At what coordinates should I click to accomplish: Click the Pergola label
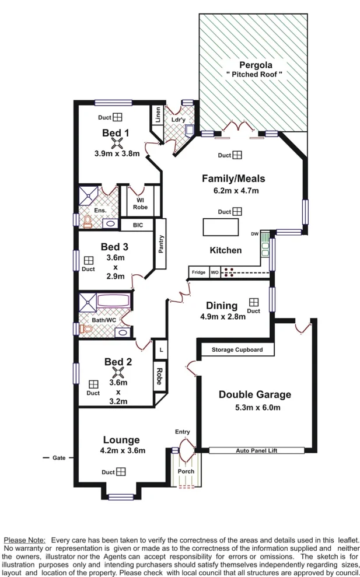tap(255, 65)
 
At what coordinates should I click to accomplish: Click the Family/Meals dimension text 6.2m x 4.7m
tap(233, 190)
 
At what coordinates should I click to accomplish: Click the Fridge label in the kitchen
tap(199, 272)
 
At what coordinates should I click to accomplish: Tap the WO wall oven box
tap(215, 272)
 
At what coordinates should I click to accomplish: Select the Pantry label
tap(161, 244)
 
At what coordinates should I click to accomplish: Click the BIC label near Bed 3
tap(138, 225)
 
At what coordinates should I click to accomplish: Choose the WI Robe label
tap(140, 203)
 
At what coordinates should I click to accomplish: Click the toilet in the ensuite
tap(88, 222)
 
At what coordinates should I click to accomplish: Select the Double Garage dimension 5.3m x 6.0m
tap(254, 407)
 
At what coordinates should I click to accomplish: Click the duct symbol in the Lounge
tap(121, 471)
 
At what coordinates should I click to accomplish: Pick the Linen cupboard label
tap(158, 115)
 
